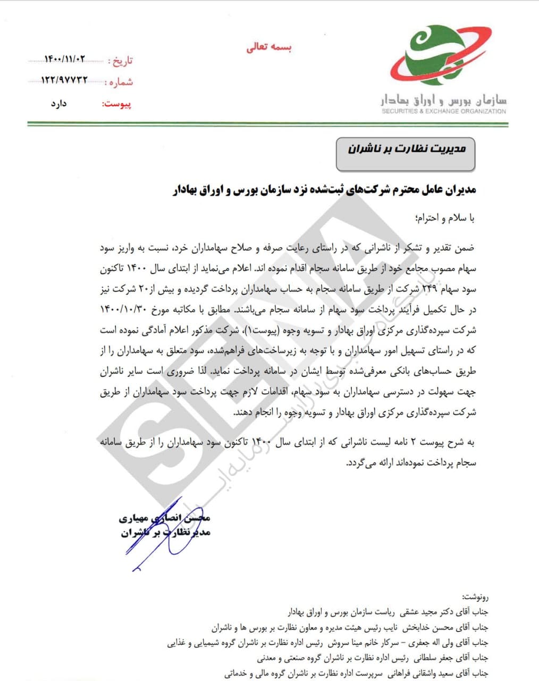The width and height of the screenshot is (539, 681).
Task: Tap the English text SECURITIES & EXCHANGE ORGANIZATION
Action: click(444, 111)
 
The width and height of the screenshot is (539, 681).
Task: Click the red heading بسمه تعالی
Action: click(269, 47)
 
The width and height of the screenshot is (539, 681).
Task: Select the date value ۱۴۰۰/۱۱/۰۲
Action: click(65, 59)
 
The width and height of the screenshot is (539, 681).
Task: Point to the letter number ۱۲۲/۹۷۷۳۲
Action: click(64, 80)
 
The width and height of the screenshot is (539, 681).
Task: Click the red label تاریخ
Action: click(122, 60)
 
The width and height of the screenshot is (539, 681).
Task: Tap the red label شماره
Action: click(121, 82)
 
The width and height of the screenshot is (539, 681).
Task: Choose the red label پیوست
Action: click(117, 104)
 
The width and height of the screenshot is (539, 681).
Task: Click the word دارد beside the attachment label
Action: click(59, 103)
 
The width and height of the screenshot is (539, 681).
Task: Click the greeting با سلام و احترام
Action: click(444, 218)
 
